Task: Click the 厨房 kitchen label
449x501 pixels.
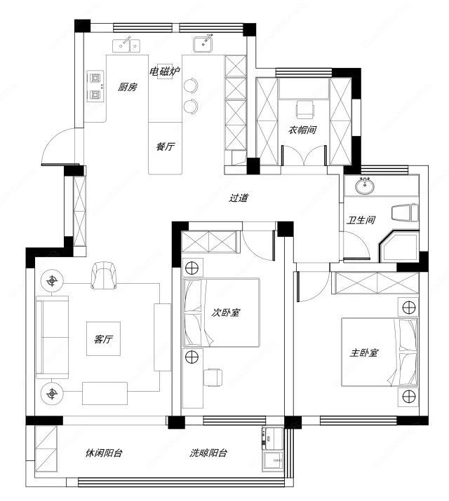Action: click(127, 87)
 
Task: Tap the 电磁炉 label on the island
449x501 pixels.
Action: click(165, 71)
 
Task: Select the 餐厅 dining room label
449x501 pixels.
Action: click(166, 146)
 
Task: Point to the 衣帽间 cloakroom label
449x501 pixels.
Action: click(302, 130)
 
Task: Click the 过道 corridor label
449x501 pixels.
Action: click(239, 198)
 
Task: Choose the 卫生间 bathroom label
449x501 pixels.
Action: click(361, 220)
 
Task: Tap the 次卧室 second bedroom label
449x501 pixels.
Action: click(226, 313)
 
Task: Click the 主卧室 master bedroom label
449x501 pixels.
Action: click(364, 352)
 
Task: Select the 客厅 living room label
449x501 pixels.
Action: click(103, 338)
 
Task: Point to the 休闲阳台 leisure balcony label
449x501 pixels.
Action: click(104, 453)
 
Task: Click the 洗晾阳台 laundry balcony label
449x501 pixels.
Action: click(208, 453)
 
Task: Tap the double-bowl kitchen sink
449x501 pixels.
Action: click(127, 46)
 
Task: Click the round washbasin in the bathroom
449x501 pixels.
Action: click(364, 186)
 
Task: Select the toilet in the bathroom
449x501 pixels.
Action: click(405, 212)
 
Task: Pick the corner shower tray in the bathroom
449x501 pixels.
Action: click(399, 246)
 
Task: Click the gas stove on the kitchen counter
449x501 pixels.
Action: click(96, 86)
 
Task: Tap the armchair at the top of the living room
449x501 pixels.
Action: click(104, 275)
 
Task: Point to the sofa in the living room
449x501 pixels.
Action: click(53, 338)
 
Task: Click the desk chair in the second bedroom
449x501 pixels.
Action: click(213, 378)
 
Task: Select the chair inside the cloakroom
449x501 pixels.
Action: click(305, 109)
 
